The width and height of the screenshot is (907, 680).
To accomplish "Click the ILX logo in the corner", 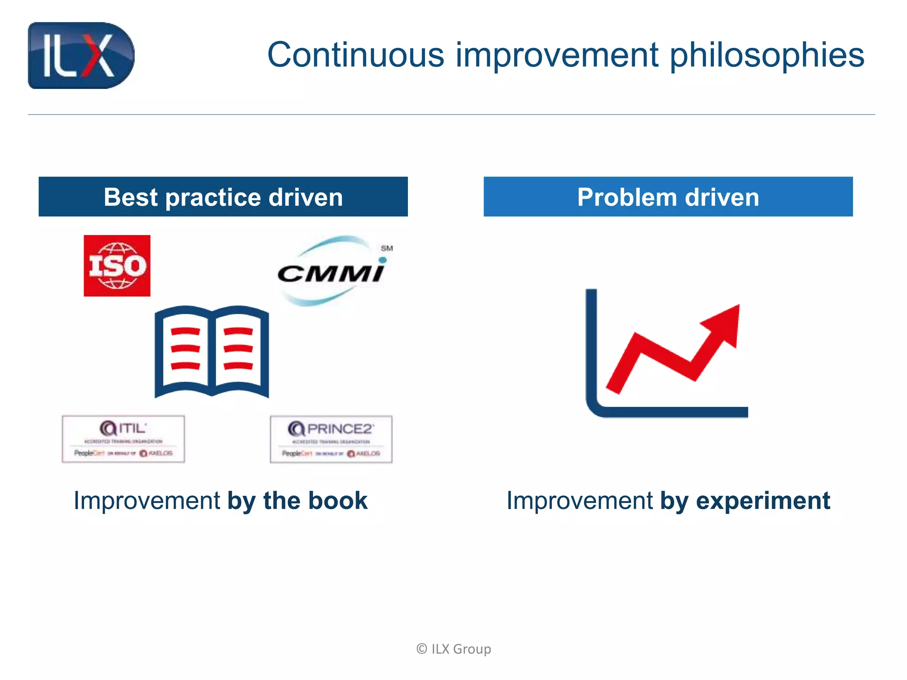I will click(x=81, y=55).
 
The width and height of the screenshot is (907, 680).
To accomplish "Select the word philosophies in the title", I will click(x=767, y=56).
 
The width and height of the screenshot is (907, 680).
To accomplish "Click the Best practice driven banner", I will click(x=223, y=197).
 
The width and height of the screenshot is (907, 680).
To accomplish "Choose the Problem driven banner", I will click(x=668, y=197).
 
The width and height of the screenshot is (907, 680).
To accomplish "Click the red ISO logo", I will click(x=117, y=266).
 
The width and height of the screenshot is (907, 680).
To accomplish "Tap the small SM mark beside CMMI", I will click(x=387, y=248).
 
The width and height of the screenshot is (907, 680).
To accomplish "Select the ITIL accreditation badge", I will click(x=123, y=439).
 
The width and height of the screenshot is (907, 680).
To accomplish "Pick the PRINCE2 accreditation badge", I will click(x=331, y=439).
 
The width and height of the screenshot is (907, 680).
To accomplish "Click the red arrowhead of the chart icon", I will click(x=725, y=323).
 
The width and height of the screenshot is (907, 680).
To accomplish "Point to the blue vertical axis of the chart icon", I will click(x=591, y=345).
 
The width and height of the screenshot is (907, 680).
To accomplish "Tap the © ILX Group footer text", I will click(x=453, y=649).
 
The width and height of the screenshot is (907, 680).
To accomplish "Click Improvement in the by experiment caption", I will click(x=579, y=500).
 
